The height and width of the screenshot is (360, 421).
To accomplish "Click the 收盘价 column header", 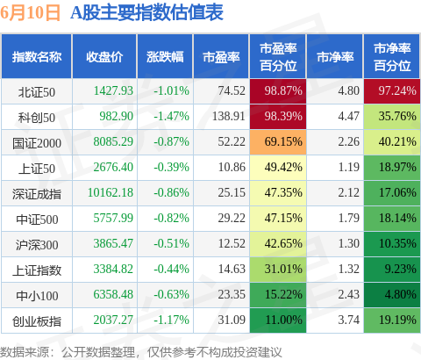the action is (x=104, y=57).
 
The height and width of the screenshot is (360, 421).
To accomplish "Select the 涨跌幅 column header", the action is (x=165, y=57).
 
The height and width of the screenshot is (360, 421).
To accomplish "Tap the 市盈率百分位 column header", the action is (x=278, y=57).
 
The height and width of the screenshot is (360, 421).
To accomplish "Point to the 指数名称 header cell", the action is (x=37, y=57).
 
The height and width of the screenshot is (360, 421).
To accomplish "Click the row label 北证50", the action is (x=37, y=92).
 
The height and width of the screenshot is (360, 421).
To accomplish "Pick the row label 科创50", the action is (x=37, y=118).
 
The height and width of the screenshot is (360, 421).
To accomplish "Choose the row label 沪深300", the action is (x=37, y=245).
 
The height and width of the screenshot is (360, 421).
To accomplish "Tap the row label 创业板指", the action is (x=37, y=321).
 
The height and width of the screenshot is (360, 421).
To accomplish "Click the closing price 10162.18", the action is (x=111, y=192).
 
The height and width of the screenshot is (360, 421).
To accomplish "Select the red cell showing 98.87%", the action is (x=278, y=91).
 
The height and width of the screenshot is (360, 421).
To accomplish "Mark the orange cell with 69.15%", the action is (x=278, y=142).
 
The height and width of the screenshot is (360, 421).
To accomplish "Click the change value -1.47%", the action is (x=172, y=116).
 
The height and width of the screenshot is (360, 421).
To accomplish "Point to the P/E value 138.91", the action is (x=229, y=116).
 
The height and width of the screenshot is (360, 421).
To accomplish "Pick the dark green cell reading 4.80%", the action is (x=392, y=295).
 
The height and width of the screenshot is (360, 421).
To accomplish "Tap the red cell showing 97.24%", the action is (x=392, y=91).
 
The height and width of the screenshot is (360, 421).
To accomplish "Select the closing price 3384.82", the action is (x=113, y=269).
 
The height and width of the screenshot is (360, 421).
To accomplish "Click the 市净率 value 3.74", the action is (x=349, y=320).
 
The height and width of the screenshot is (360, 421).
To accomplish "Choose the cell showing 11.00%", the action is (x=278, y=320).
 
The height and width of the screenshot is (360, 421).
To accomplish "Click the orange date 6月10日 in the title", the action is (x=31, y=13).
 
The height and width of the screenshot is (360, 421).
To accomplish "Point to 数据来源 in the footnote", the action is (x=25, y=352).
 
